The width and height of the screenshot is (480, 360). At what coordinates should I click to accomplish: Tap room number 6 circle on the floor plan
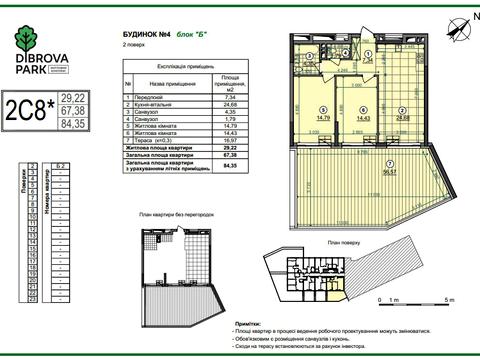362,109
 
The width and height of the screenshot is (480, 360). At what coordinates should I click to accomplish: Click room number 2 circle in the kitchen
402,113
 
